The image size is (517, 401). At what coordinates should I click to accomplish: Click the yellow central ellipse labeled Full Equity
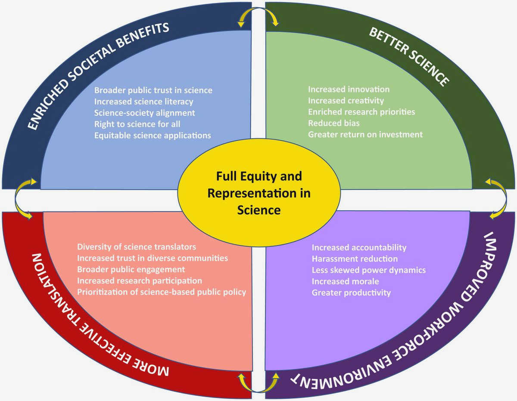[258, 193]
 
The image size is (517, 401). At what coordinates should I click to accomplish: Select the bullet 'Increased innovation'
[349, 90]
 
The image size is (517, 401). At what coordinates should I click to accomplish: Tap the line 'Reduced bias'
[333, 123]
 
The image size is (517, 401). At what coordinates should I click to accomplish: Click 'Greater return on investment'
[365, 134]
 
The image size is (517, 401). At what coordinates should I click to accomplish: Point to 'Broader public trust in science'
[153, 90]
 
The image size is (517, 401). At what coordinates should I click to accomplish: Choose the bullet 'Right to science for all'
[137, 124]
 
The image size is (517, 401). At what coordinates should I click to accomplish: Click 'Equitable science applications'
[153, 135]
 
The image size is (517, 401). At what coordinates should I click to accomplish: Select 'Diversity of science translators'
[137, 247]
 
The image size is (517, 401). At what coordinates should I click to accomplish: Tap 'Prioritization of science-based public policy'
[162, 292]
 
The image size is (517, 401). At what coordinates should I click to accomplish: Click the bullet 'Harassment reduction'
[355, 259]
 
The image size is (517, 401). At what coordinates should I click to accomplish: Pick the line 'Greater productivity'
[351, 292]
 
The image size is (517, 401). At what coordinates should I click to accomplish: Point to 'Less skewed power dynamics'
[368, 270]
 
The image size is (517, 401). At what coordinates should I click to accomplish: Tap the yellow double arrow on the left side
[22, 200]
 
